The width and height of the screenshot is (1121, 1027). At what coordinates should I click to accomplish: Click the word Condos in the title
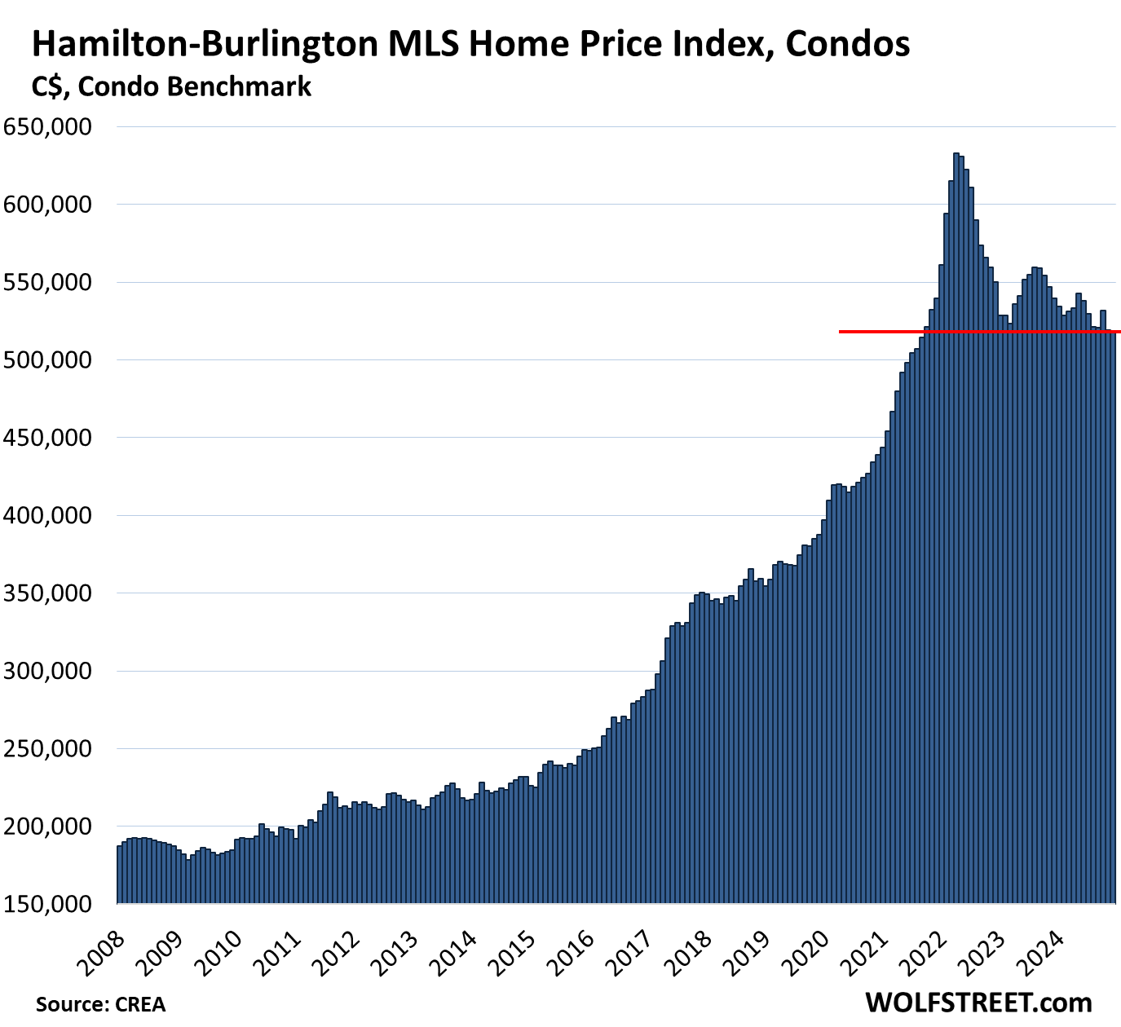(848, 44)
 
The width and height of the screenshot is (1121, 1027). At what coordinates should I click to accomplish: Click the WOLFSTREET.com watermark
(978, 1003)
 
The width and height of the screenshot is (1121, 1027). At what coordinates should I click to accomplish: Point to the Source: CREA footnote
(100, 1004)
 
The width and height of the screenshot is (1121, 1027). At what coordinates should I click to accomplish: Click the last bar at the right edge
(1113, 619)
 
